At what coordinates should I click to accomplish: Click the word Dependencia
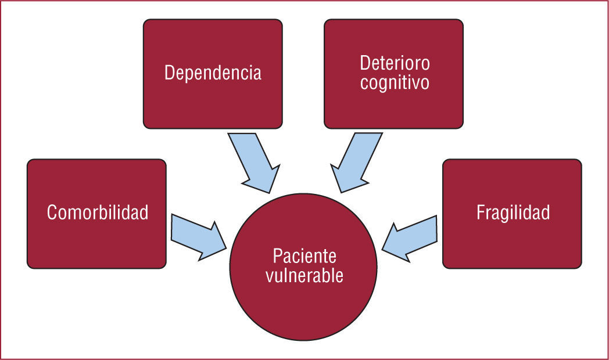[213, 74]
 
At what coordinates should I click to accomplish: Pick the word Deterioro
[394, 63]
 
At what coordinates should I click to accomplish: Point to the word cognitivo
[394, 82]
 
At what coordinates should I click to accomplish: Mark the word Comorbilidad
[98, 213]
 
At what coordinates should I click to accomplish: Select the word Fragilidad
[513, 213]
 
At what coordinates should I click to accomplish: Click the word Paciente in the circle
[304, 256]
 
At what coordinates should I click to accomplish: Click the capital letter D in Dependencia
[169, 73]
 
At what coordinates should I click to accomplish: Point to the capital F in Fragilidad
[480, 213]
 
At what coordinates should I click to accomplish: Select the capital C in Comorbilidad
[52, 213]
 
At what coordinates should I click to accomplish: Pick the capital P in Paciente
[277, 256]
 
